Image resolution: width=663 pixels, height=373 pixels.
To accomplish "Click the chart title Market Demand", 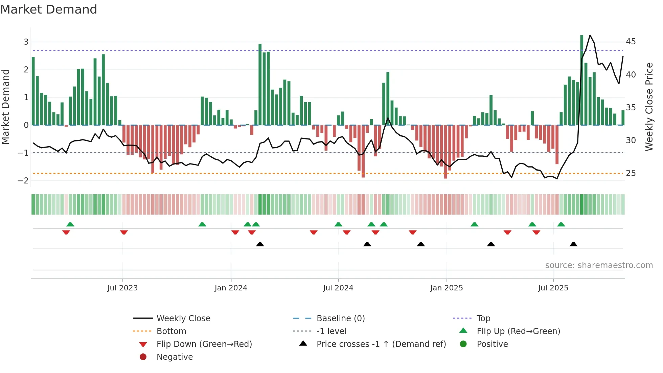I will point(49,9).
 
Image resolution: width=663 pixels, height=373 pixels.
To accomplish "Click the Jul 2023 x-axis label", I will point(122,288).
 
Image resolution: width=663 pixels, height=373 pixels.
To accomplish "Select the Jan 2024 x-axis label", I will point(231,288).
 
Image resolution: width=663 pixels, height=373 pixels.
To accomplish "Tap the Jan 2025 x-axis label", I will point(446,288).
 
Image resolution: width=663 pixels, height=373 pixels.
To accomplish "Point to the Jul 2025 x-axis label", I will point(553,288).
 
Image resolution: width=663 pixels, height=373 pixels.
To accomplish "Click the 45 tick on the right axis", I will point(631,42).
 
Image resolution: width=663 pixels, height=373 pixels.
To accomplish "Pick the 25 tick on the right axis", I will point(631,173).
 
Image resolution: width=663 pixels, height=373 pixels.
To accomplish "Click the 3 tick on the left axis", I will point(26,42).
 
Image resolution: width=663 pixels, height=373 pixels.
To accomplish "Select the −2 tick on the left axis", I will point(23,181).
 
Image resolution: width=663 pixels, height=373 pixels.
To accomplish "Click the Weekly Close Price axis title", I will point(649,107).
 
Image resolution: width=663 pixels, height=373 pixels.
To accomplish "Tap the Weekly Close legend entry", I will point(183,319).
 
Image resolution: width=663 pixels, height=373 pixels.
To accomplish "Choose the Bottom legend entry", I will point(171,331).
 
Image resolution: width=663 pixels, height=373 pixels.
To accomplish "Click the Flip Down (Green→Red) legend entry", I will point(204,344).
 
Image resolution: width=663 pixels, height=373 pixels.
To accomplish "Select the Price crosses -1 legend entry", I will point(381,344).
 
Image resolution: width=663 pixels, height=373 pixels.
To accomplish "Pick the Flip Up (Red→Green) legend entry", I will point(518,331).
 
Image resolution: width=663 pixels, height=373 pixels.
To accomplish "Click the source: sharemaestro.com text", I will point(599,265).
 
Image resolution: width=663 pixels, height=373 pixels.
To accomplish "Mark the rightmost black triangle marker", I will point(573,244).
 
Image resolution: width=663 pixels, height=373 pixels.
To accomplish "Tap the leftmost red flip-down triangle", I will point(66,232).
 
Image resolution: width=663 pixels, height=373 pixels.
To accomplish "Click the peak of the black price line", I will point(590,35).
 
